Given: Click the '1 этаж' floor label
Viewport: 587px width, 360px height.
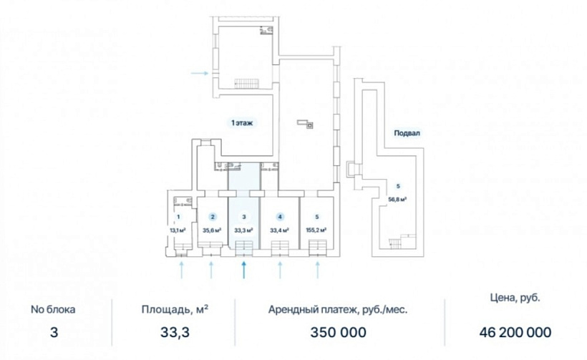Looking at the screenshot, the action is (x=242, y=122).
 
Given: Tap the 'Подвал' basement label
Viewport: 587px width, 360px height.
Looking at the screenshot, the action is (x=407, y=133).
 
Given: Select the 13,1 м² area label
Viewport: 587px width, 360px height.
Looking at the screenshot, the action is (x=178, y=230).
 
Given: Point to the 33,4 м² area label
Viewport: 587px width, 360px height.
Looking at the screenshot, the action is (x=280, y=230).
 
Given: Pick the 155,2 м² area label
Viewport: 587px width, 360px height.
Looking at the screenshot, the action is (x=316, y=230).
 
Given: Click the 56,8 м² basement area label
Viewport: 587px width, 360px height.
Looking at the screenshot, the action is (x=397, y=200).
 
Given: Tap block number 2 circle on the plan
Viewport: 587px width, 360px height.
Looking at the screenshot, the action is (x=213, y=217).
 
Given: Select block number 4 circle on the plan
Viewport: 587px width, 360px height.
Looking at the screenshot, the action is (x=280, y=217).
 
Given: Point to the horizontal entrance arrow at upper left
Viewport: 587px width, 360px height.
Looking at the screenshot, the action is (x=200, y=73).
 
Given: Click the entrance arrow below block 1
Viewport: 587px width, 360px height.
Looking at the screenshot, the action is (x=182, y=271).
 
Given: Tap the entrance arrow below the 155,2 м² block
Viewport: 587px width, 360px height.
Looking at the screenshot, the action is (x=318, y=271).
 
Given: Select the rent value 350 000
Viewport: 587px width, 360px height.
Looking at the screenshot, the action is (x=339, y=332).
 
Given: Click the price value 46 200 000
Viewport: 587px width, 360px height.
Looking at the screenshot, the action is (x=515, y=332).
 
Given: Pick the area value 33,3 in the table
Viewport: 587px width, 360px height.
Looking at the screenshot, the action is (x=175, y=332).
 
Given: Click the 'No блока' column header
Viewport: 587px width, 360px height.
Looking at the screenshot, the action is (x=53, y=309).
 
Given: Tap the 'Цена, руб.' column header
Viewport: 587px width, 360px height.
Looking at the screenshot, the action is (x=515, y=298).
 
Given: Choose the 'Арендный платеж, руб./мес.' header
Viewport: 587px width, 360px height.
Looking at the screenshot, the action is (x=338, y=310).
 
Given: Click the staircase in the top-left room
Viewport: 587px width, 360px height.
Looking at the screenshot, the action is (x=246, y=84).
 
